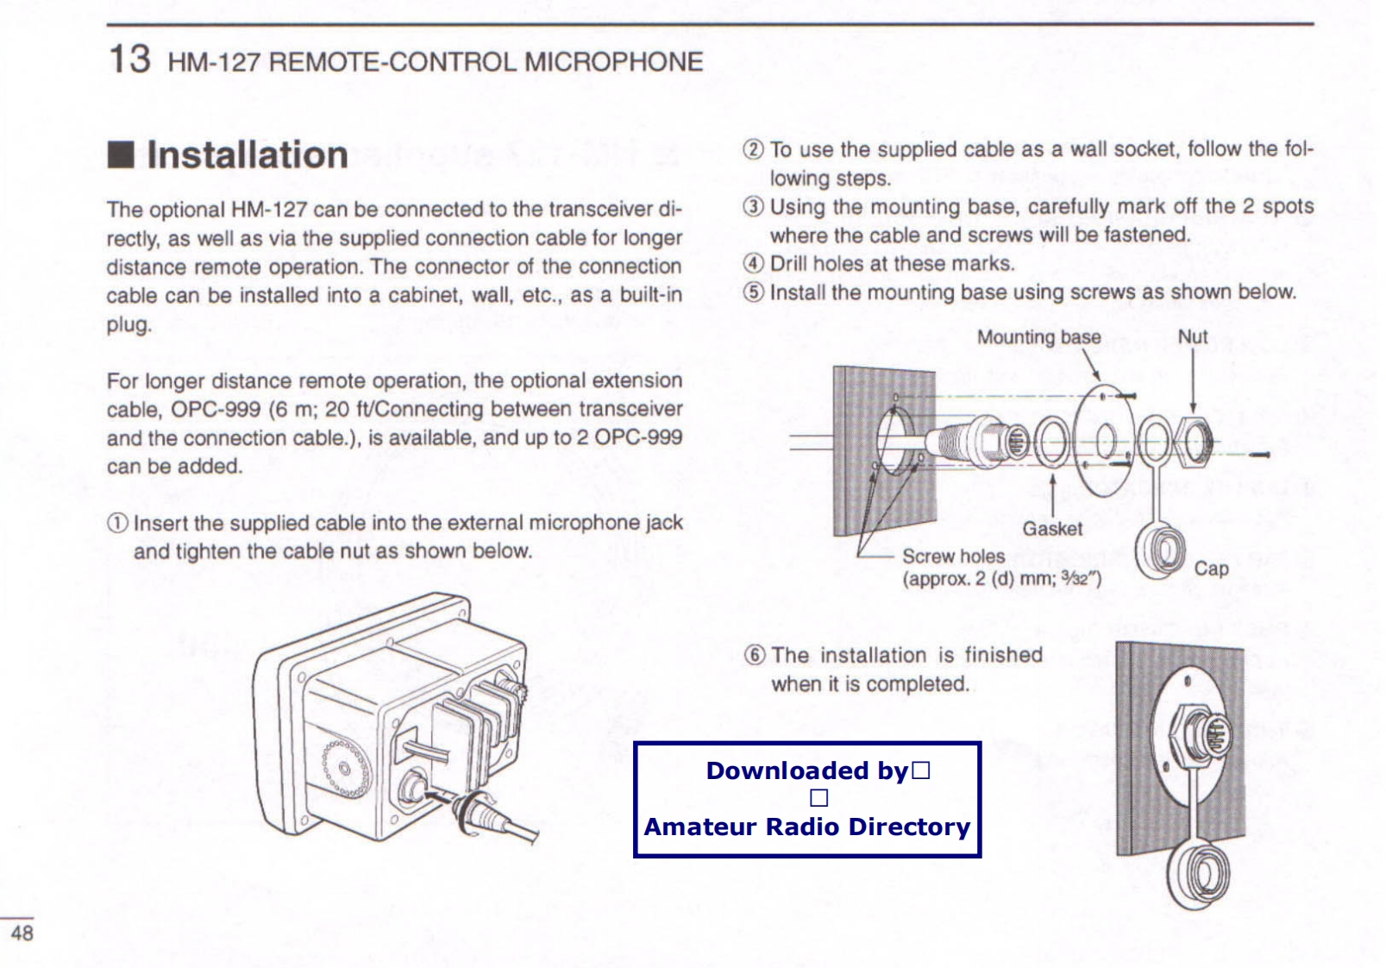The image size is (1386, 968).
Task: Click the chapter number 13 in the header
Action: click(129, 60)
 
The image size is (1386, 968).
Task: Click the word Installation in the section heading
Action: click(248, 155)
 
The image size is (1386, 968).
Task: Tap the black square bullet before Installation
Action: click(120, 156)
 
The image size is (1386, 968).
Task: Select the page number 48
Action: click(22, 933)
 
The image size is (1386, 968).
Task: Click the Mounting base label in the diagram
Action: click(1038, 337)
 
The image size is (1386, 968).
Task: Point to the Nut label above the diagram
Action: click(1193, 337)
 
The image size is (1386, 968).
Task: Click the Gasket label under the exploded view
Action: click(1052, 529)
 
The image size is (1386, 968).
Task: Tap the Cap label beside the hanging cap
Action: click(1211, 569)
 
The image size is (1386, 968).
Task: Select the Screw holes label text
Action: click(953, 556)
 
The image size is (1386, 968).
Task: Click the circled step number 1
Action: click(117, 524)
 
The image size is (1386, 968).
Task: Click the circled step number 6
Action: click(755, 655)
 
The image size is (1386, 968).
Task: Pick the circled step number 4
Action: click(753, 264)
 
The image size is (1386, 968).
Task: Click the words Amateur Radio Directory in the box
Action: click(807, 827)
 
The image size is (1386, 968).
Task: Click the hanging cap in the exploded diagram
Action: click(1161, 551)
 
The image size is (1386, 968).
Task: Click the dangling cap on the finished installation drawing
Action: click(1200, 873)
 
